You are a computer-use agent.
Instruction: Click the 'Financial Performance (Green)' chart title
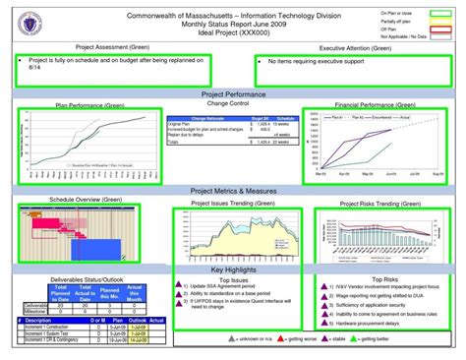click(373, 103)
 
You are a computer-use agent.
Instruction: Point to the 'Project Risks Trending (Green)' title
click(375, 203)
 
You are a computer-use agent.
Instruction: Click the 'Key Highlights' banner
click(233, 269)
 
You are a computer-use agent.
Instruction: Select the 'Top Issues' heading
click(233, 279)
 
